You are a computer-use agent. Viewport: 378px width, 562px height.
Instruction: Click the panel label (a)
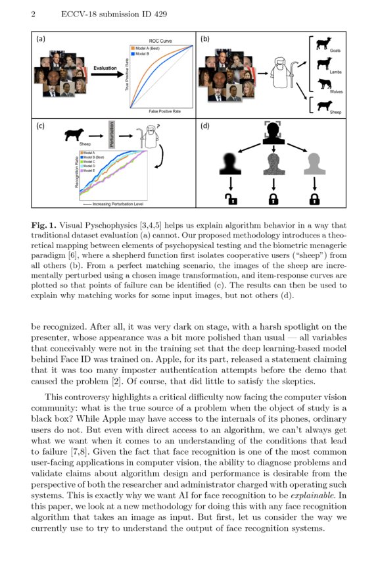click(41, 39)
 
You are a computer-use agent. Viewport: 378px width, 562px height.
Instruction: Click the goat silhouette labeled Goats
click(323, 44)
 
